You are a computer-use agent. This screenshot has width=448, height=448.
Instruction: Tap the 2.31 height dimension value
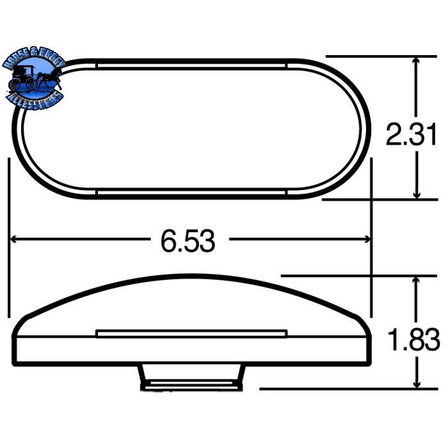(410, 135)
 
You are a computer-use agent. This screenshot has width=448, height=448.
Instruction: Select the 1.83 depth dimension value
(413, 340)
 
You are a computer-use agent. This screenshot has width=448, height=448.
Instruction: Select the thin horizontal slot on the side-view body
(191, 333)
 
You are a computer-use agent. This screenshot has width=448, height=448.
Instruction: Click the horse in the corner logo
(49, 81)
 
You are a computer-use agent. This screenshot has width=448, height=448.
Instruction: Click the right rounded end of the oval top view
(358, 128)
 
